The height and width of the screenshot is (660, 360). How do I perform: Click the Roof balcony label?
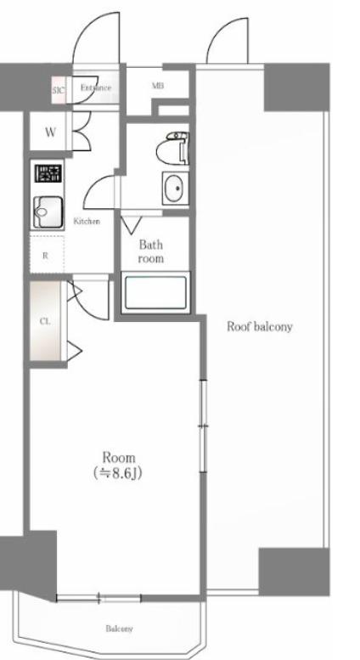[260, 327]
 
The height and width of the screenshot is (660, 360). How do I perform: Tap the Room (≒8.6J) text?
[119, 465]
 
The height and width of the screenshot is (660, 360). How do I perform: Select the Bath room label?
[150, 251]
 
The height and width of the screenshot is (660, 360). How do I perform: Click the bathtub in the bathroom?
[155, 292]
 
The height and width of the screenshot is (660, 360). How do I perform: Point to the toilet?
[172, 148]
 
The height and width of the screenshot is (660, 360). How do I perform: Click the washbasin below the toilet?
[176, 189]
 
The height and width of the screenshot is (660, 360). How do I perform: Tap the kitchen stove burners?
[48, 173]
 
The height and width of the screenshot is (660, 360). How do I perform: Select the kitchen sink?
[48, 212]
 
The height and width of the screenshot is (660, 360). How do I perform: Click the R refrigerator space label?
[45, 256]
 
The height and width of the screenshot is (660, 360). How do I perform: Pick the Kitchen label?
[87, 221]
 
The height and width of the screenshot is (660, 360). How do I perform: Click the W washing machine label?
[50, 133]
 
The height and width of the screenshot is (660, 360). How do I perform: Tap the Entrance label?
[96, 88]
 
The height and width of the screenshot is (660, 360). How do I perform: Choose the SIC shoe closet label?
[59, 90]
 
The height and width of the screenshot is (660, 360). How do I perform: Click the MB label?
[158, 86]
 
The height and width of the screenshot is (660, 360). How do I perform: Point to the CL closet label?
[45, 321]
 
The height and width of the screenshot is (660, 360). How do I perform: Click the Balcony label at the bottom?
[119, 629]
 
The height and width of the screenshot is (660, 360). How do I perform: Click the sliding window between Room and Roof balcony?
[203, 426]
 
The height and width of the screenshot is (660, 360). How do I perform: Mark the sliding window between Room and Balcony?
[98, 597]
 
